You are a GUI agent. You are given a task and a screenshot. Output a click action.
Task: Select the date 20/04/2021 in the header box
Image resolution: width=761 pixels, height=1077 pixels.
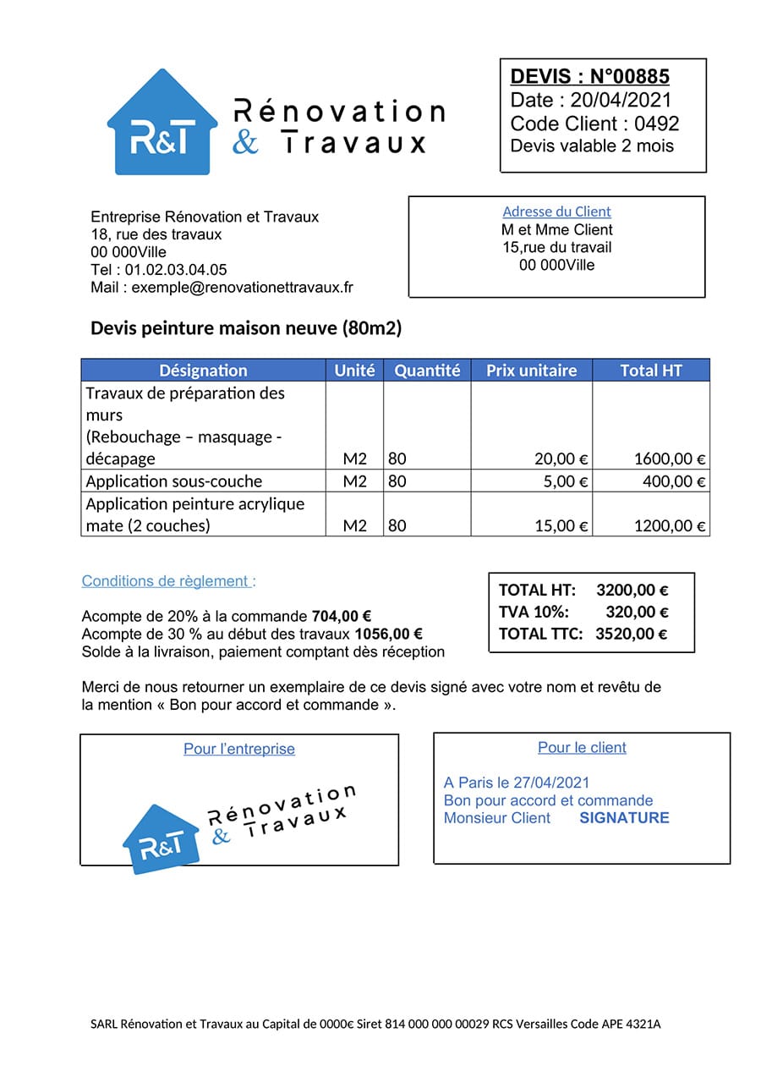tap(621, 100)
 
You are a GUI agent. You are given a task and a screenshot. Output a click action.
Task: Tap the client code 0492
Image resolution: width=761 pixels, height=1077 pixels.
tap(656, 124)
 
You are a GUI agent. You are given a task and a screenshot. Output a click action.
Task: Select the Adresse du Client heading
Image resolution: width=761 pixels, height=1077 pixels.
tap(556, 212)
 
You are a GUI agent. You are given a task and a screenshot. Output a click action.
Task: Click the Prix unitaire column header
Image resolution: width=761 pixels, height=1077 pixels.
tap(531, 371)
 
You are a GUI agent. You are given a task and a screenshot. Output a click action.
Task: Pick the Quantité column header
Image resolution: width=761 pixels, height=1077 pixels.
tap(427, 371)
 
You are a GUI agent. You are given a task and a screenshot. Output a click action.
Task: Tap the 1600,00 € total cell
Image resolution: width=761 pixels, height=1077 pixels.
tap(669, 459)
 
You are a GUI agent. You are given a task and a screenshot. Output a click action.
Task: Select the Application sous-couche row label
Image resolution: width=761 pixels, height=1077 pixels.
tap(174, 481)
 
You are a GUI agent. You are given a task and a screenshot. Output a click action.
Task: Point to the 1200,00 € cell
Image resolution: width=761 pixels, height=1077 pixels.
tap(669, 526)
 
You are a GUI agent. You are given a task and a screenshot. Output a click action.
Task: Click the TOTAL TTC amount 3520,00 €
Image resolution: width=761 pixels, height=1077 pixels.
tap(631, 634)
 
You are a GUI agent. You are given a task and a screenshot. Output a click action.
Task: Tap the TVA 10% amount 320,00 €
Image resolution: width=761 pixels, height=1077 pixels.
tap(637, 612)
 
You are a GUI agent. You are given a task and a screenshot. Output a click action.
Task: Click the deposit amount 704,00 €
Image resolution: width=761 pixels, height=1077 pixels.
tap(342, 617)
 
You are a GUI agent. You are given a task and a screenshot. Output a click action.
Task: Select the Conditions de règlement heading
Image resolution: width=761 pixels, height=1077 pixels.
tap(166, 581)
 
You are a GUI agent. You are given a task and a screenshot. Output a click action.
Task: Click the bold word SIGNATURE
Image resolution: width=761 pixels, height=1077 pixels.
tap(624, 818)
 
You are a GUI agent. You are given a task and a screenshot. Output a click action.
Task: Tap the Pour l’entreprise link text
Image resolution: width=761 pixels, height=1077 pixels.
tap(239, 749)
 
